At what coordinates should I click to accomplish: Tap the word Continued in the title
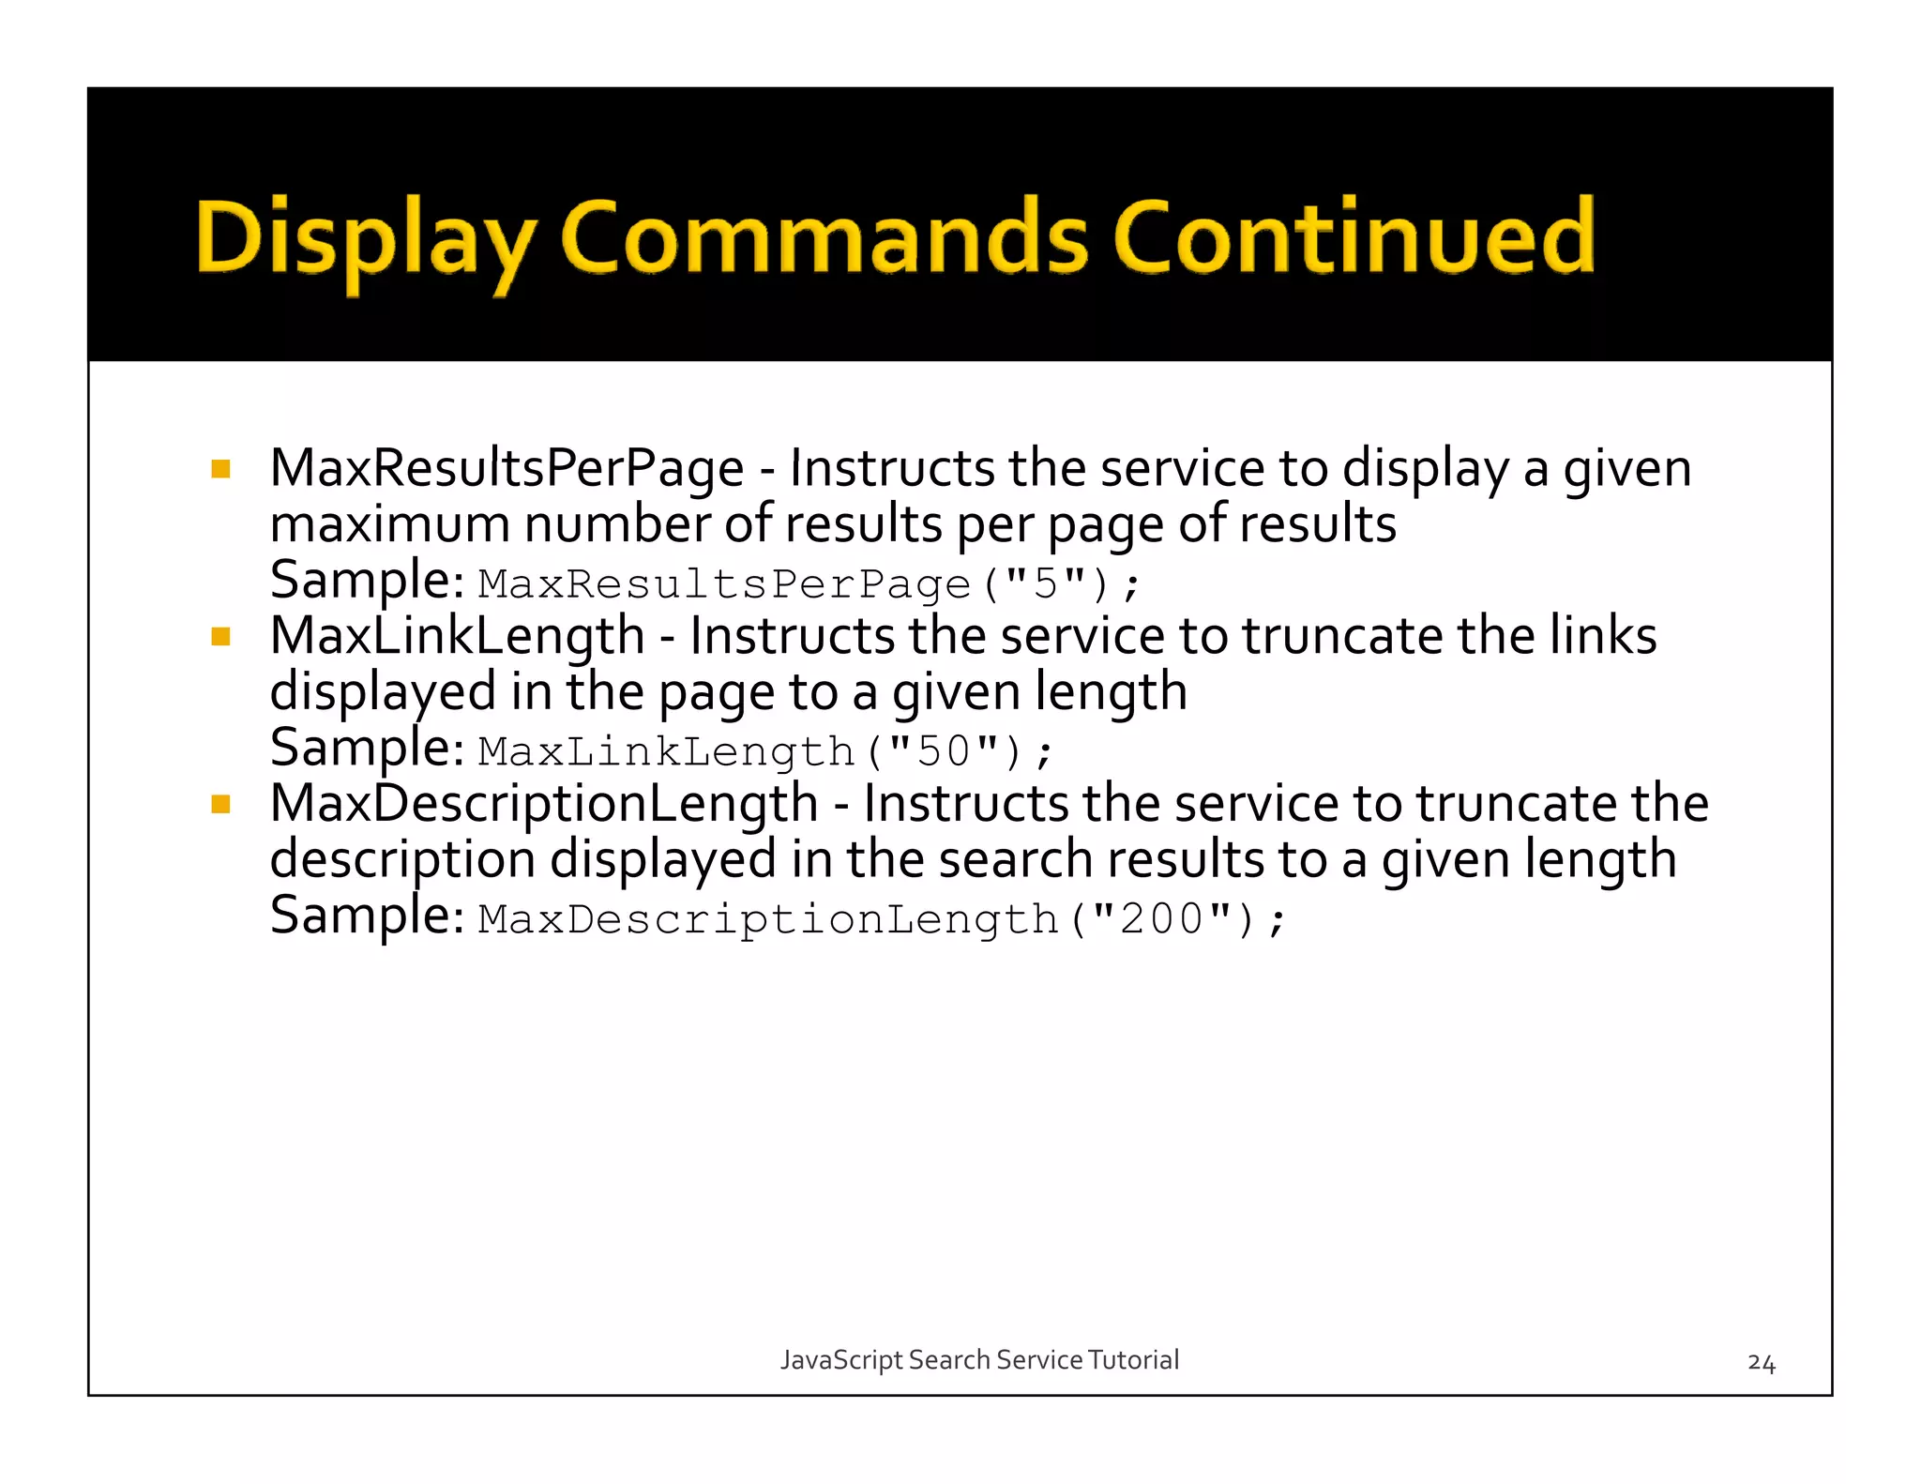tap(1354, 236)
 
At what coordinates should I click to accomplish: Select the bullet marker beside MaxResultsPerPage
tap(221, 469)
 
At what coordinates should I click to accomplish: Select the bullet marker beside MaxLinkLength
tap(221, 637)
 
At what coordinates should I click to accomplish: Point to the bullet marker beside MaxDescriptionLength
tap(221, 804)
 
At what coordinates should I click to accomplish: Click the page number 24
tap(1761, 1363)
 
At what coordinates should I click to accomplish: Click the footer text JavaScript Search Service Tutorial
tap(979, 1359)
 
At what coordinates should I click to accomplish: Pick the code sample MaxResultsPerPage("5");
tap(809, 584)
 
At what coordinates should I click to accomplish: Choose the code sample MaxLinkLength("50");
tap(765, 751)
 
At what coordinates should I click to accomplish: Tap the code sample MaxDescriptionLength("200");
tap(881, 919)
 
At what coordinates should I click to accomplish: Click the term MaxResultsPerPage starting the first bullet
tap(507, 468)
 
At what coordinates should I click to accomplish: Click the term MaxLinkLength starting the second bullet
tap(457, 636)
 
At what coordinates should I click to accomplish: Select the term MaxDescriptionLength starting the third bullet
tap(544, 804)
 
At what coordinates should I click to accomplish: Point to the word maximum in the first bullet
tap(389, 524)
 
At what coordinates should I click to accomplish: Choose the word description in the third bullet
tap(402, 861)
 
